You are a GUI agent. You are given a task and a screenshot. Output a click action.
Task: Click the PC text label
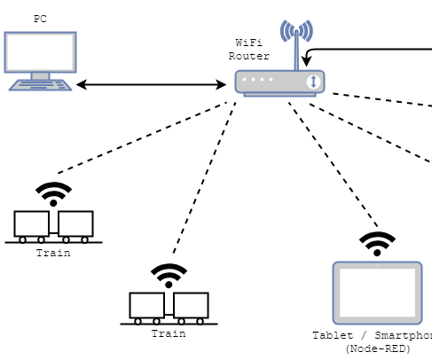click(x=41, y=19)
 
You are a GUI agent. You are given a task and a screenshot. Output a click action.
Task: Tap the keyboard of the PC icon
click(x=40, y=85)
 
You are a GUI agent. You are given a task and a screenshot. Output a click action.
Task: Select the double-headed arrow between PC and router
click(x=151, y=85)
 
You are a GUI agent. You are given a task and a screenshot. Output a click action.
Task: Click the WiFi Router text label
click(x=248, y=49)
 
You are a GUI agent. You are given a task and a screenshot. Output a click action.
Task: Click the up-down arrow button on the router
click(x=312, y=82)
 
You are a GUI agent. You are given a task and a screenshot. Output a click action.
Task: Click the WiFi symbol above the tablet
click(x=377, y=242)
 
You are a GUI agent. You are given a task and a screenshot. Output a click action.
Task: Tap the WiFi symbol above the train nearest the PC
click(x=54, y=193)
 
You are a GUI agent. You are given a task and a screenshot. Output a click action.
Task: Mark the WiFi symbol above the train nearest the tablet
click(x=169, y=275)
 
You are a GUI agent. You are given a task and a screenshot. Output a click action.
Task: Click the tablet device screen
click(x=376, y=293)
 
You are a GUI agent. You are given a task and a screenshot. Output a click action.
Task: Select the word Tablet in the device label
click(x=331, y=336)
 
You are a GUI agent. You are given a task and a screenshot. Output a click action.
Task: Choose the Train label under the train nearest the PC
click(x=53, y=253)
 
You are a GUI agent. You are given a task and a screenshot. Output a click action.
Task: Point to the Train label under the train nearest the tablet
click(x=169, y=333)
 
